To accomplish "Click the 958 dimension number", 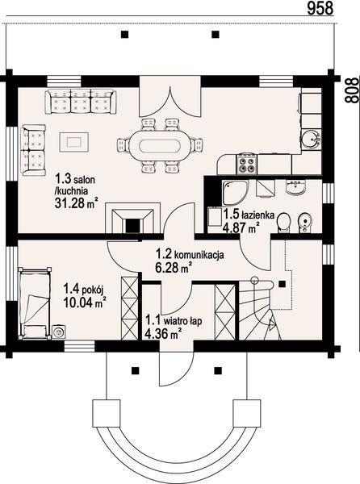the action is click(320, 8).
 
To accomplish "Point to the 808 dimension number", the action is click(352, 90).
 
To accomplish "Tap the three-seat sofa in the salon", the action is click(81, 102).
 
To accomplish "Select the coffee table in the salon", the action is click(74, 142).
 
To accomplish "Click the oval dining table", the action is click(159, 145).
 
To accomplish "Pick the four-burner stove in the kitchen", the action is click(245, 163).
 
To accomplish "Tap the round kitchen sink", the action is click(311, 140).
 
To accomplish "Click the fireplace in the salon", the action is click(133, 218).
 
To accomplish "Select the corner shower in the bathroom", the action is click(234, 192).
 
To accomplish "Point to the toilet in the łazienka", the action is click(283, 222).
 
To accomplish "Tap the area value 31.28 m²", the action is click(77, 202).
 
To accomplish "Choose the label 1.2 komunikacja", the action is click(190, 254).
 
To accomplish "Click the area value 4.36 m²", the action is click(162, 334).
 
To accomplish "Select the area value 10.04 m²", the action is click(85, 302).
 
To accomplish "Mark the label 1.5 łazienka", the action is click(249, 214).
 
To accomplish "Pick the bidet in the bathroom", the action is click(304, 223).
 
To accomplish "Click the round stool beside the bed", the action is click(58, 332).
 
